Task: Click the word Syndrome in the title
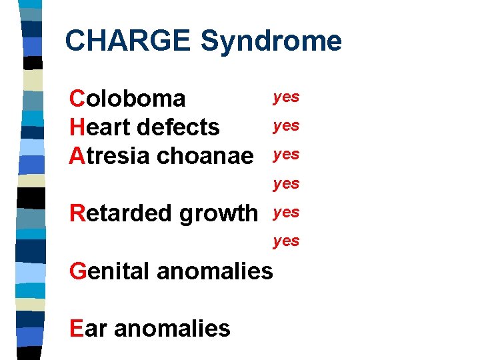[271, 41]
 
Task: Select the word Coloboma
[127, 99]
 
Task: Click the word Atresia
[109, 155]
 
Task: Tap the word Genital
[110, 271]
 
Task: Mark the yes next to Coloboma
[286, 97]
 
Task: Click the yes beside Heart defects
[286, 126]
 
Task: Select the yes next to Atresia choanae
[286, 155]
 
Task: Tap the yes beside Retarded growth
[286, 213]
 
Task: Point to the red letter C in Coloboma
[77, 99]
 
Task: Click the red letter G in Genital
[77, 271]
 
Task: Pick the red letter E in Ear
[75, 328]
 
